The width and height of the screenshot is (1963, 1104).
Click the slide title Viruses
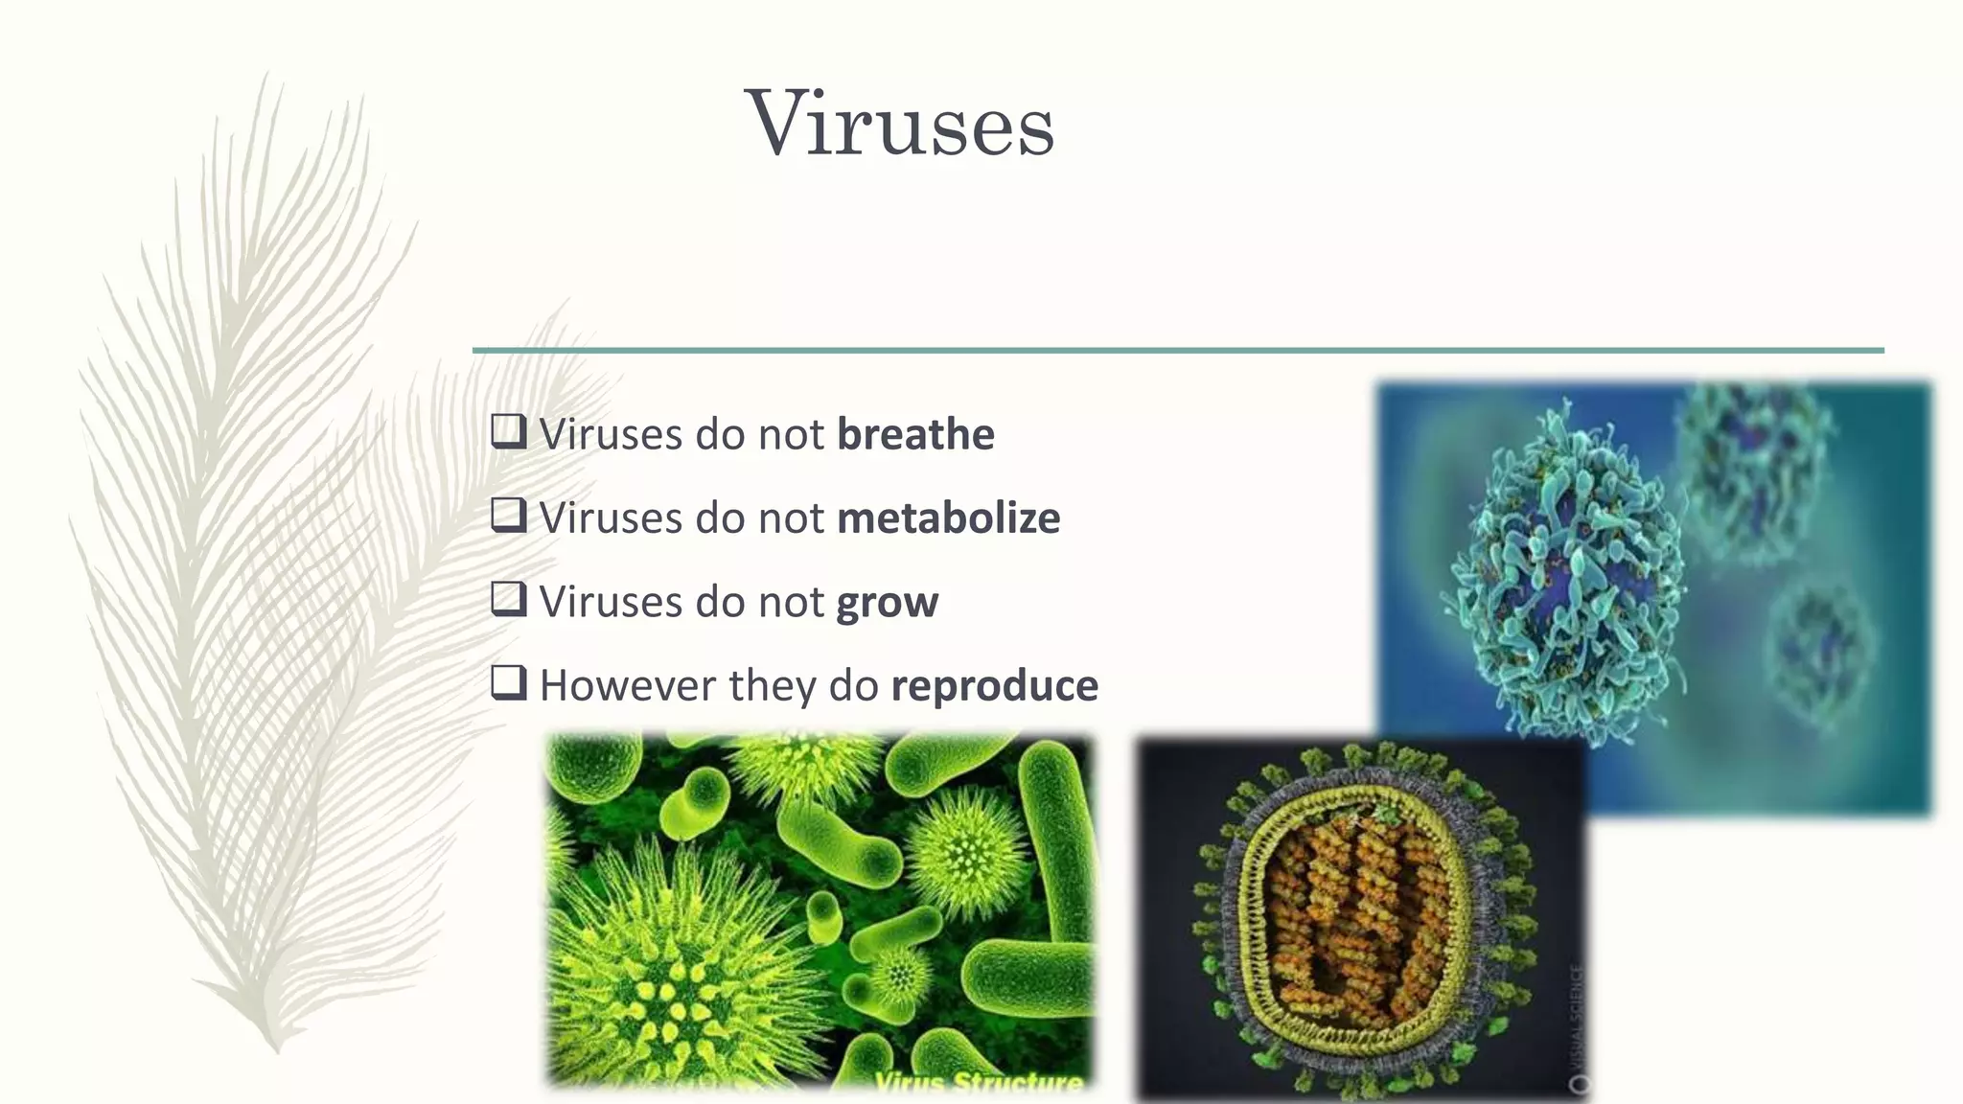click(899, 124)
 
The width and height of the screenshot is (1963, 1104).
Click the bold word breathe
click(915, 434)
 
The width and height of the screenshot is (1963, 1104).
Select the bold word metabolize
click(948, 518)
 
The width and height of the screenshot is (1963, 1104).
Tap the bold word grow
click(887, 603)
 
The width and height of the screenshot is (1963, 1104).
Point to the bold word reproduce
click(994, 686)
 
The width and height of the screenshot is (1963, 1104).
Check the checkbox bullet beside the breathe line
click(508, 431)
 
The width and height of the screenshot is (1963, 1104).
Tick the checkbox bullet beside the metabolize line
click(508, 515)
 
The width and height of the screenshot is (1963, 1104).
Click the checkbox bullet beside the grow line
click(508, 599)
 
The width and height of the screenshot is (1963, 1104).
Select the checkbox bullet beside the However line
click(508, 683)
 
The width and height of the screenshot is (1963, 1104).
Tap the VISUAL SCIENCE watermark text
click(1578, 1016)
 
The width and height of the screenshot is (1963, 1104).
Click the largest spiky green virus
click(676, 968)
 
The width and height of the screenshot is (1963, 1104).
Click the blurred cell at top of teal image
click(1754, 460)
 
